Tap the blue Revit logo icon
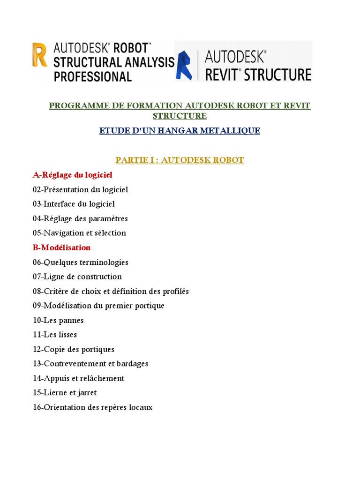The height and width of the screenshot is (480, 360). (184, 66)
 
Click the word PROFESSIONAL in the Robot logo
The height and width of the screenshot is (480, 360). (93, 76)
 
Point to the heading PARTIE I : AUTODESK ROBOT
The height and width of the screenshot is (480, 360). (180, 160)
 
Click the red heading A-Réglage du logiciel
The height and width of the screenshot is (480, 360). (73, 175)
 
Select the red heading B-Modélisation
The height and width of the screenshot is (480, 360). (61, 247)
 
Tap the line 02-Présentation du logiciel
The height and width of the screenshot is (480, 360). (80, 189)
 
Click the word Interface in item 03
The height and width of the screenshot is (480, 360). (60, 204)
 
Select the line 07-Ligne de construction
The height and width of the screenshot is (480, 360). (77, 277)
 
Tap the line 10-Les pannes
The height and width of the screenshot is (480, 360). (58, 320)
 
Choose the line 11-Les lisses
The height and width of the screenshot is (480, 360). (55, 335)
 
